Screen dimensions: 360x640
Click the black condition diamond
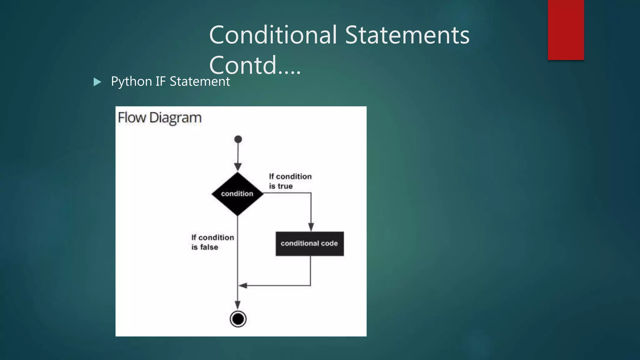[237, 194]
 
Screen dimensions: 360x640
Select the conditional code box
[309, 244]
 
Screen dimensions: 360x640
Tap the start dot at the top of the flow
[238, 139]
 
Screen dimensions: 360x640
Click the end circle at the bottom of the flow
[238, 319]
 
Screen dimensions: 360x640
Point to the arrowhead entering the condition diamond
[238, 167]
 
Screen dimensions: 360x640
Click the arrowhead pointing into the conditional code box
[311, 227]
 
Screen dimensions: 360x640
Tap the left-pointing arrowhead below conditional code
[243, 285]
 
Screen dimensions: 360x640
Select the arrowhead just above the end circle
[238, 305]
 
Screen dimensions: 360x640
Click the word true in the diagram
[285, 186]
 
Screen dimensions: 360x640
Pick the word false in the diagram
[209, 247]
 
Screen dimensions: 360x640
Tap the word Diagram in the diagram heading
[175, 118]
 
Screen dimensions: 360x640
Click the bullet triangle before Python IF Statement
[97, 82]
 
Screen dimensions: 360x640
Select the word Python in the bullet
[131, 82]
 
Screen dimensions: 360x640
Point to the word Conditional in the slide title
[273, 35]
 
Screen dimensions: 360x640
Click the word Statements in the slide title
[407, 35]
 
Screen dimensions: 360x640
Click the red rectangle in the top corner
[566, 30]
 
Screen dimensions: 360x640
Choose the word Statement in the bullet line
[200, 82]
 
